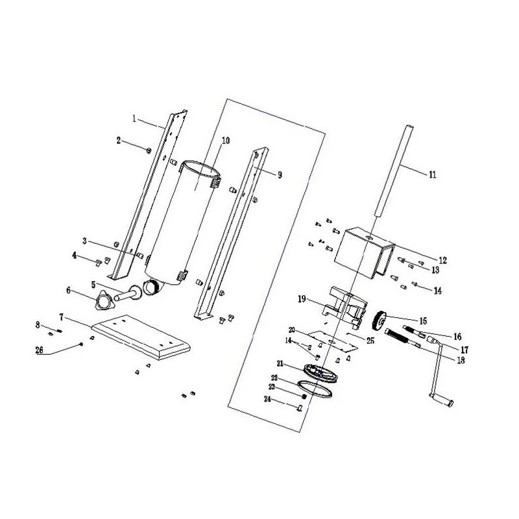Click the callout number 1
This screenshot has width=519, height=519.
click(134, 119)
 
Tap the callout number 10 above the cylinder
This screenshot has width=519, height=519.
click(226, 140)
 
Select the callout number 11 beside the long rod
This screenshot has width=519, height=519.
click(433, 174)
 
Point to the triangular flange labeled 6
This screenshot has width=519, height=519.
click(104, 300)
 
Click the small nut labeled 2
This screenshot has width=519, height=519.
click(148, 151)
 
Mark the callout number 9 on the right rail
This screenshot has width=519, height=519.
click(280, 175)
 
